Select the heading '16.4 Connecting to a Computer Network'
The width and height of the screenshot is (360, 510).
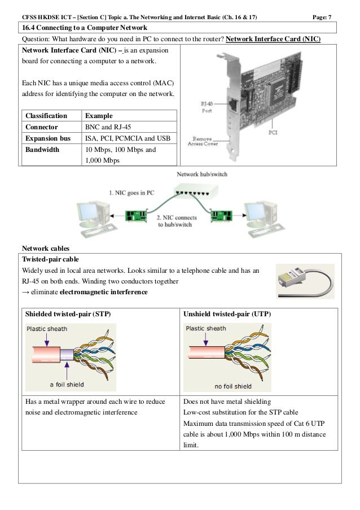(84, 28)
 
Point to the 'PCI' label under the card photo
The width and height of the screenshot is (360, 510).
(273, 133)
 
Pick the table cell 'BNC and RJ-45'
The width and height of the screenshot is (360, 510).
(108, 127)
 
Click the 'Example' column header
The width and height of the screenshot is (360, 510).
(97, 115)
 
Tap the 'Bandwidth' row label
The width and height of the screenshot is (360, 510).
(42, 150)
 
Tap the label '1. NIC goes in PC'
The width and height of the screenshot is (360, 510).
(131, 193)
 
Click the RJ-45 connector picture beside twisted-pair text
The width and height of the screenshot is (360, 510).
(305, 281)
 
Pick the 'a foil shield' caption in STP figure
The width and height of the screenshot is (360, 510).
(67, 385)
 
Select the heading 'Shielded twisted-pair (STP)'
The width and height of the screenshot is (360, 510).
(71, 313)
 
